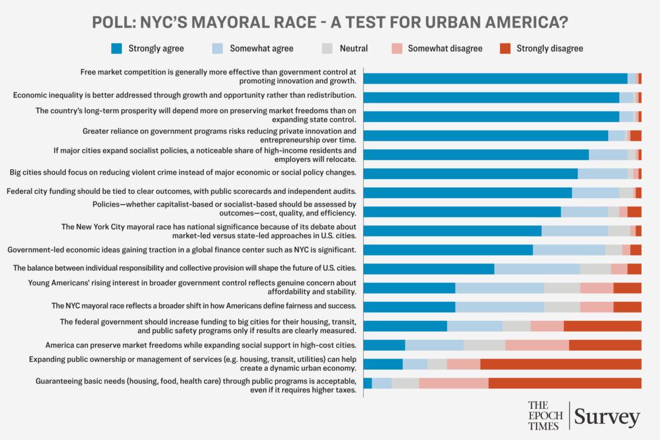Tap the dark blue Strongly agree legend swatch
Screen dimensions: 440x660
(x=116, y=48)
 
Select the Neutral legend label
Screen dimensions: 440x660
(x=354, y=48)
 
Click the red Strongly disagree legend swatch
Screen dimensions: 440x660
(x=505, y=48)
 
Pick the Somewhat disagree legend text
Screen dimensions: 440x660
(x=445, y=48)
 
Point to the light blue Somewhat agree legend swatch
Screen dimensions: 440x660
(x=218, y=48)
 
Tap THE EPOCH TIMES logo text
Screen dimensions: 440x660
(x=545, y=416)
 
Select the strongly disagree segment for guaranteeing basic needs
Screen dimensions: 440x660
(x=565, y=383)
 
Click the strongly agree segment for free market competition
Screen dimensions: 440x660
(x=496, y=78)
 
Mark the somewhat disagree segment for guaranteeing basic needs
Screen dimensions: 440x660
(x=453, y=383)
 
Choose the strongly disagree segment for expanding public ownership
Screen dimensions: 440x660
(x=560, y=364)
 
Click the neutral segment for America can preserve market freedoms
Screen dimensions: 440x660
(x=484, y=345)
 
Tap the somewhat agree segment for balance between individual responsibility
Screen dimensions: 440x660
(x=537, y=269)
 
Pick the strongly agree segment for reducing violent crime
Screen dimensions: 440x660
(x=471, y=174)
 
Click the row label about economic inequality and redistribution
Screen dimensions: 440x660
(x=185, y=95)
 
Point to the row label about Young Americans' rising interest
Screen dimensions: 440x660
(x=192, y=287)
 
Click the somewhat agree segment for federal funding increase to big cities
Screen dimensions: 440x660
(x=474, y=326)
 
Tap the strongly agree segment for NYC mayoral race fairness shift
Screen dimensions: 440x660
(x=409, y=307)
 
